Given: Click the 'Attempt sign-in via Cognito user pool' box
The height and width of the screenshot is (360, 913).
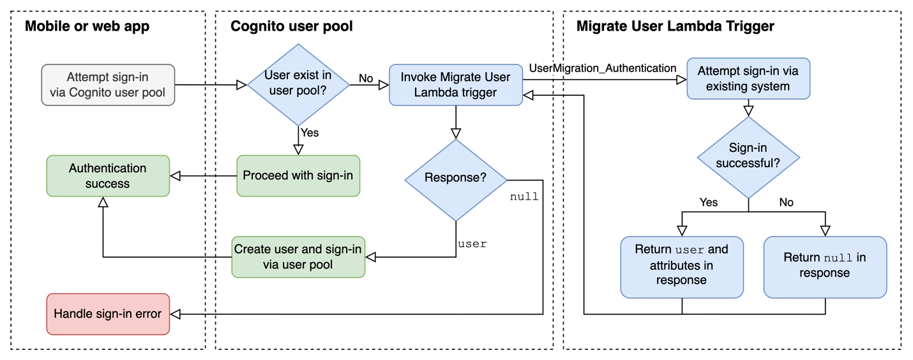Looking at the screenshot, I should (107, 85).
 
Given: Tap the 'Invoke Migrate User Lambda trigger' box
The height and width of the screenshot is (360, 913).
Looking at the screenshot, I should (455, 85).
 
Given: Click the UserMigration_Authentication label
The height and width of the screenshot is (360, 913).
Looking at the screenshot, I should (603, 68).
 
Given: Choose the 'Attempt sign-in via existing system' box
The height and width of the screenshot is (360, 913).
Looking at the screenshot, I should (748, 79).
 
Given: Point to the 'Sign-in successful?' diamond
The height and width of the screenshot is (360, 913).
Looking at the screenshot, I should (748, 156).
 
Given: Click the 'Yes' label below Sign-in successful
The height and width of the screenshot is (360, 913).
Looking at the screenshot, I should (708, 202).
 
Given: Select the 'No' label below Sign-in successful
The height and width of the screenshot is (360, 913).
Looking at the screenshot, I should (786, 202).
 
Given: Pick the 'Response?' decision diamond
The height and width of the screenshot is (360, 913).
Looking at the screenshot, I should (455, 178).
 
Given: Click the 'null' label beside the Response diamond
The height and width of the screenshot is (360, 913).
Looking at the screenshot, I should (524, 197).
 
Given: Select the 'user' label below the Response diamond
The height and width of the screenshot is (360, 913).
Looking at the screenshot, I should (472, 244).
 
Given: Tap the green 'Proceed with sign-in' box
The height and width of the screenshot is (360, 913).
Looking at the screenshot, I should (298, 176).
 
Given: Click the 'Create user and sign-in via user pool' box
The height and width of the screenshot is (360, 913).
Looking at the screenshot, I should (298, 257).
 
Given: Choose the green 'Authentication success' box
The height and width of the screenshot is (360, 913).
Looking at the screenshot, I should (107, 176).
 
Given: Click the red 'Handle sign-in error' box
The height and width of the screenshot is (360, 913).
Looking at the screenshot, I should (107, 314).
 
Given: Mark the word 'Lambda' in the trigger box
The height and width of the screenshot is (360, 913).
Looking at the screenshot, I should (436, 93).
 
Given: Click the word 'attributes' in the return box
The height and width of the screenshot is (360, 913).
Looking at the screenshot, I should (681, 265).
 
